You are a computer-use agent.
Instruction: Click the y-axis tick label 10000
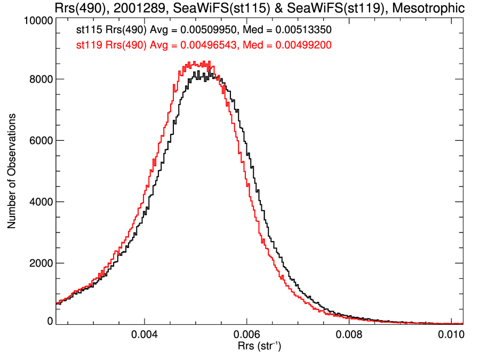[x=38, y=20]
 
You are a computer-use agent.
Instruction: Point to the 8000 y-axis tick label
[x=40, y=79]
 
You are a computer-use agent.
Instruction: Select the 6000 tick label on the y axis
[x=40, y=141]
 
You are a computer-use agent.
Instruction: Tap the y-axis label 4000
[x=40, y=202]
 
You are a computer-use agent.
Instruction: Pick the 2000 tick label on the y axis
[x=40, y=263]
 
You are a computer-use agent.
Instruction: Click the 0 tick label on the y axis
[x=50, y=321]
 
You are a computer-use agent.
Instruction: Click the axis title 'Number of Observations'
[x=11, y=171]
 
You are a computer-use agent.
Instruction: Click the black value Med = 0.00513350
[x=283, y=31]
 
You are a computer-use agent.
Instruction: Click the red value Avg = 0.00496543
[x=191, y=45]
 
